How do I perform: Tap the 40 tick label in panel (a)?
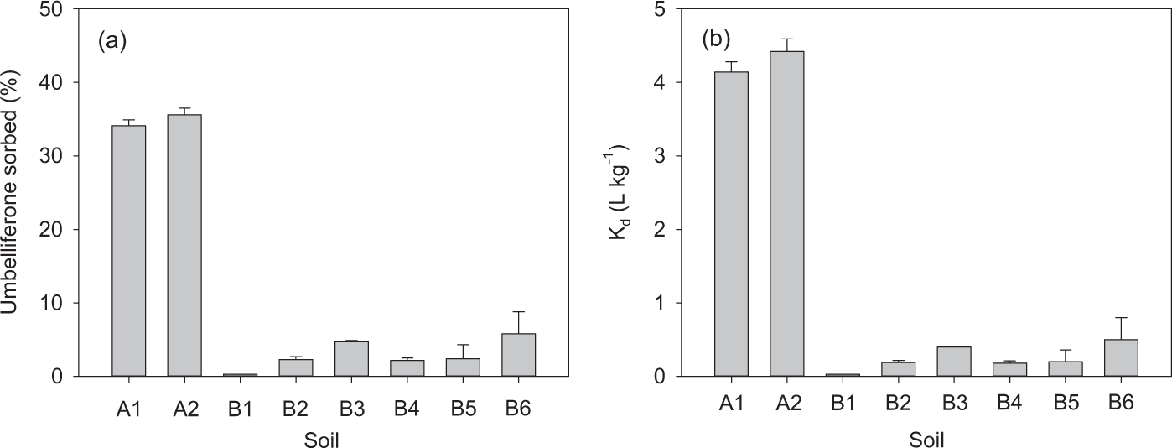57,82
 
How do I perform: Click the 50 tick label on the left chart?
57,9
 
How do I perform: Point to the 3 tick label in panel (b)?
661,156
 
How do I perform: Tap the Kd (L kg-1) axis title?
621,192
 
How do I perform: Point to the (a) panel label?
112,39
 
